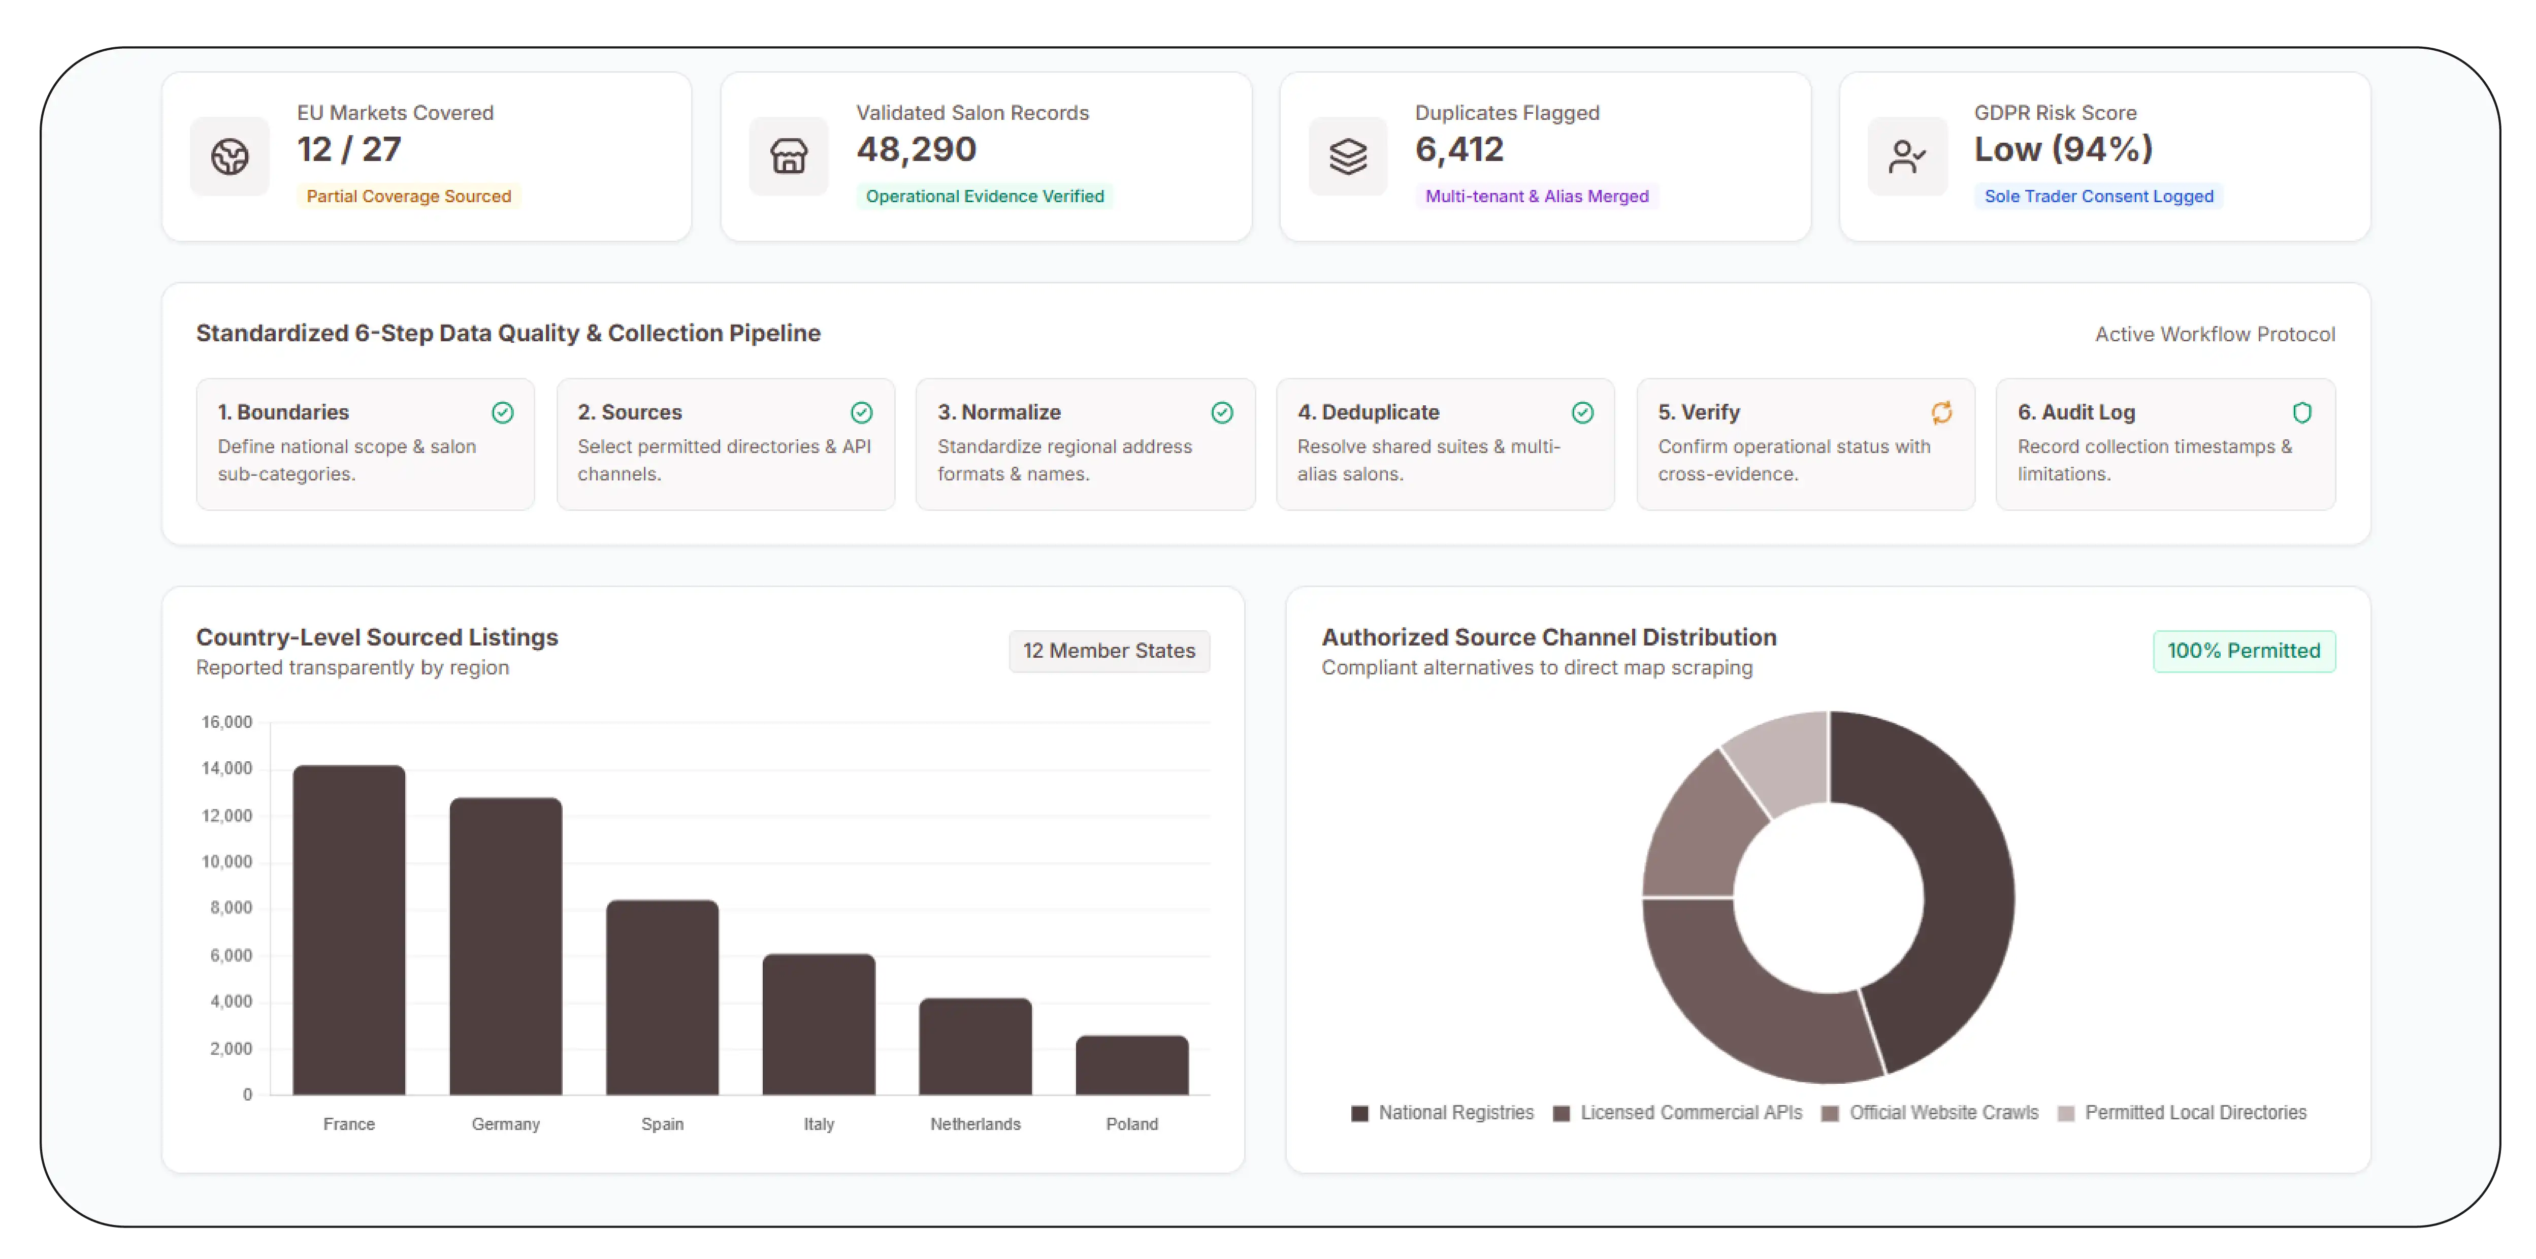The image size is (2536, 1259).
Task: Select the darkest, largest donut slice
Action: pyautogui.click(x=1944, y=886)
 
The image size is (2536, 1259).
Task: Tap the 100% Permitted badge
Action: pyautogui.click(x=2244, y=651)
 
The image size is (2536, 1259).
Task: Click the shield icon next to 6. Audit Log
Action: pyautogui.click(x=2302, y=412)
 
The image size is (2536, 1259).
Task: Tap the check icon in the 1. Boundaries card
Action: pyautogui.click(x=502, y=412)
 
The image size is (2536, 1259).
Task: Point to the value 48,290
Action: pyautogui.click(x=916, y=150)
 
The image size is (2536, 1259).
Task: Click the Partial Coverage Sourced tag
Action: pyautogui.click(x=409, y=196)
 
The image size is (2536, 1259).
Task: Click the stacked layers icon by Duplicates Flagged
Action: pyautogui.click(x=1348, y=156)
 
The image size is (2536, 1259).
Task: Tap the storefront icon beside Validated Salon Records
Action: pyautogui.click(x=789, y=156)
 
